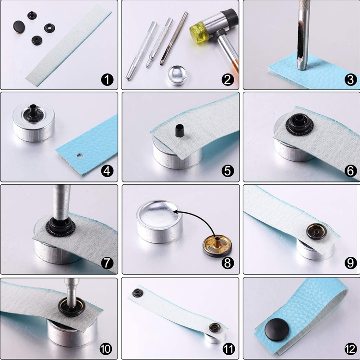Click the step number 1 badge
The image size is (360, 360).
tap(107, 80)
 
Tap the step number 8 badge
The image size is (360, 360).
tap(228, 263)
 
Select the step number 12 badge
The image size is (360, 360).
tap(350, 349)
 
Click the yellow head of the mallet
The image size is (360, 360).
tap(199, 32)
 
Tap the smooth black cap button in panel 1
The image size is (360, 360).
tap(19, 26)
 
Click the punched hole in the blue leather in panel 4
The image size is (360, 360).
tap(80, 156)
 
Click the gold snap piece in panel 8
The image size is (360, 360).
tap(217, 245)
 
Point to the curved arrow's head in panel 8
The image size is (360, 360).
tap(176, 212)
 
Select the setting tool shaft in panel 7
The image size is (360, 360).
tap(61, 202)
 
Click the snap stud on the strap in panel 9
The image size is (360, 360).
tap(317, 231)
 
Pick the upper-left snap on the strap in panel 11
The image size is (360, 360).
tap(138, 293)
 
